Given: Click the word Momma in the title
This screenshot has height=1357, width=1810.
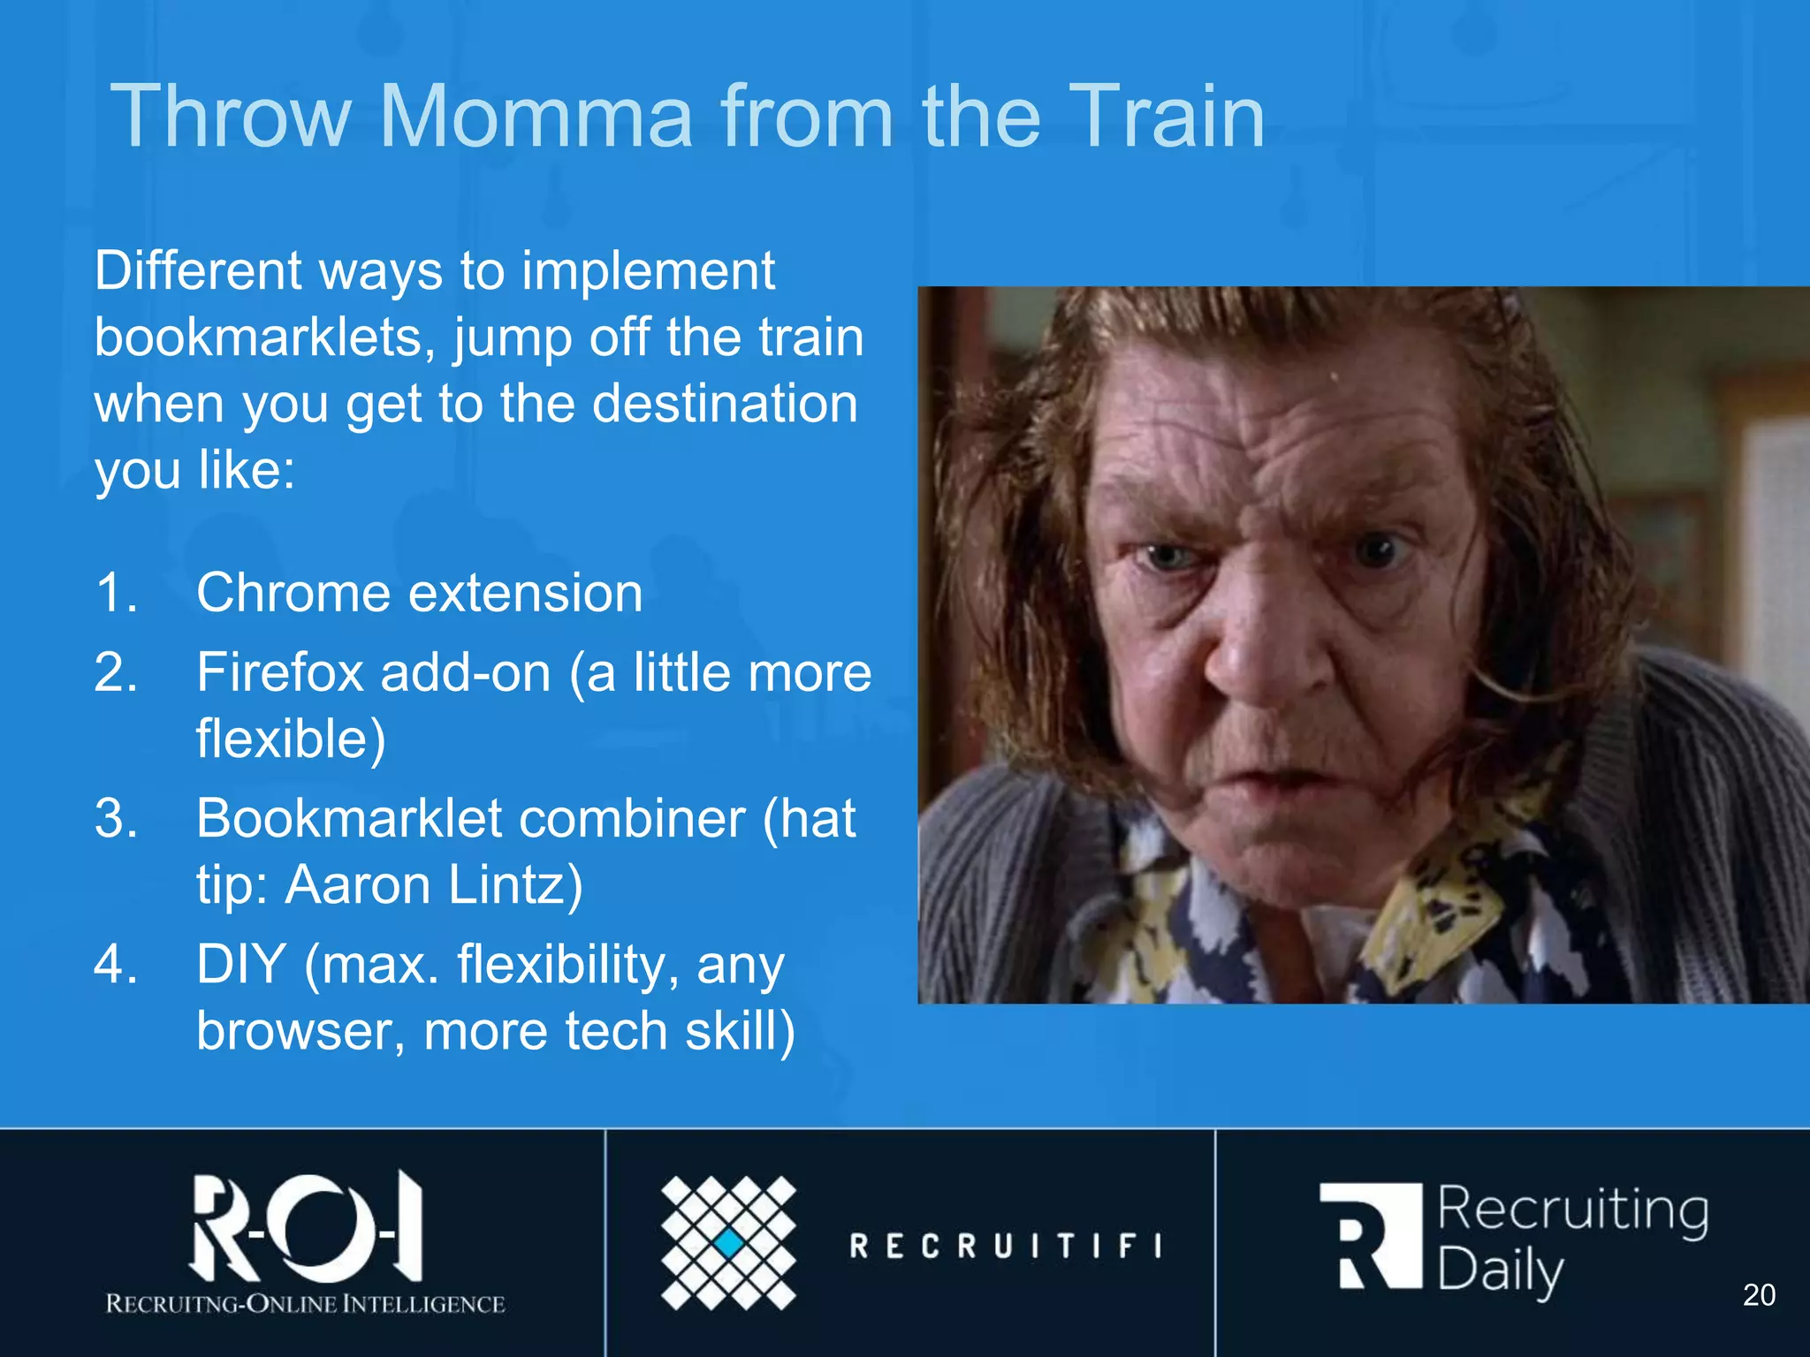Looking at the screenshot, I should coord(536,117).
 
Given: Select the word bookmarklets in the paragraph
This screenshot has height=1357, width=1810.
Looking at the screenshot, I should coord(264,337).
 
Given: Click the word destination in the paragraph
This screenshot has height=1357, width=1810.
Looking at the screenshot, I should coord(724,404).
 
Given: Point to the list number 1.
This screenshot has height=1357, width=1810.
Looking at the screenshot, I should coord(116,593).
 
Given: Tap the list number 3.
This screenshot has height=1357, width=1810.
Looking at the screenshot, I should coord(116,819).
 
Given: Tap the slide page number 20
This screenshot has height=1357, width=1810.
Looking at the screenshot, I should coord(1759,1295).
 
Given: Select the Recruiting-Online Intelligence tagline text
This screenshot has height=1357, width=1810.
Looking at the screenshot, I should coord(305,1304).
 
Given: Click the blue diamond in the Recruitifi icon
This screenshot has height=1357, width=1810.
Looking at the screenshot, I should coord(729,1243).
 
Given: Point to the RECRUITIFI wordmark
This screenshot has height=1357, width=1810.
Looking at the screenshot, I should coord(1006,1247).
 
